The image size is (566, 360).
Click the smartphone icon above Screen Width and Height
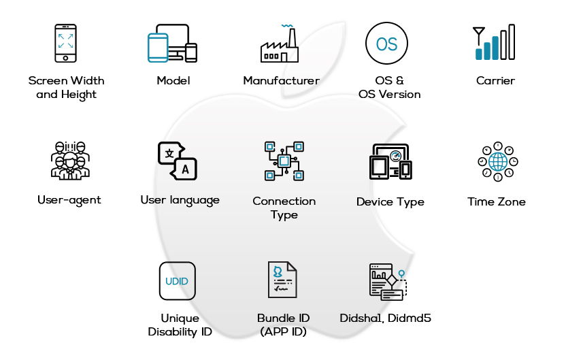[65, 43]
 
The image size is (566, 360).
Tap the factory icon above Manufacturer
[280, 44]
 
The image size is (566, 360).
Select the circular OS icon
[386, 44]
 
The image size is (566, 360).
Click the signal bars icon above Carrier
[495, 43]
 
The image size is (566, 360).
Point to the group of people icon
[69, 161]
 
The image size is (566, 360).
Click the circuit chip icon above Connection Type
[284, 161]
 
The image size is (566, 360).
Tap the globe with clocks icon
[497, 161]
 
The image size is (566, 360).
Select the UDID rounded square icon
[177, 281]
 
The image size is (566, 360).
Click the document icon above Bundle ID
[282, 280]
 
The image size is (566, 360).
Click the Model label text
[173, 81]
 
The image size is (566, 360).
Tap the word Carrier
[495, 81]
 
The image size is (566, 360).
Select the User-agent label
[69, 200]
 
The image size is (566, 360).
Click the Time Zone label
[497, 201]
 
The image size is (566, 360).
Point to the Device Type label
[390, 202]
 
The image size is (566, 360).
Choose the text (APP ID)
[283, 332]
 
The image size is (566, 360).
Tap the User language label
[180, 200]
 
